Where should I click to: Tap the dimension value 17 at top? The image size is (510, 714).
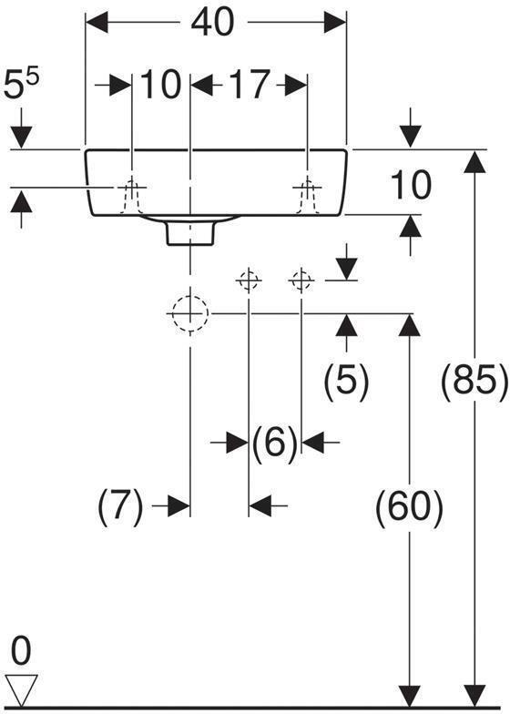click(x=248, y=86)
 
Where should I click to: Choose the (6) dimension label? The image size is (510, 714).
click(x=274, y=444)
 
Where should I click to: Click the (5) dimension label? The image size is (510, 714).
click(x=346, y=381)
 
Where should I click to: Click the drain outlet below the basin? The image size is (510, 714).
click(x=189, y=233)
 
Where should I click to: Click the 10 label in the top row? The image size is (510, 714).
click(x=161, y=86)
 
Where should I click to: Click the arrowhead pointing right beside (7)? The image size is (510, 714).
click(x=178, y=505)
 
